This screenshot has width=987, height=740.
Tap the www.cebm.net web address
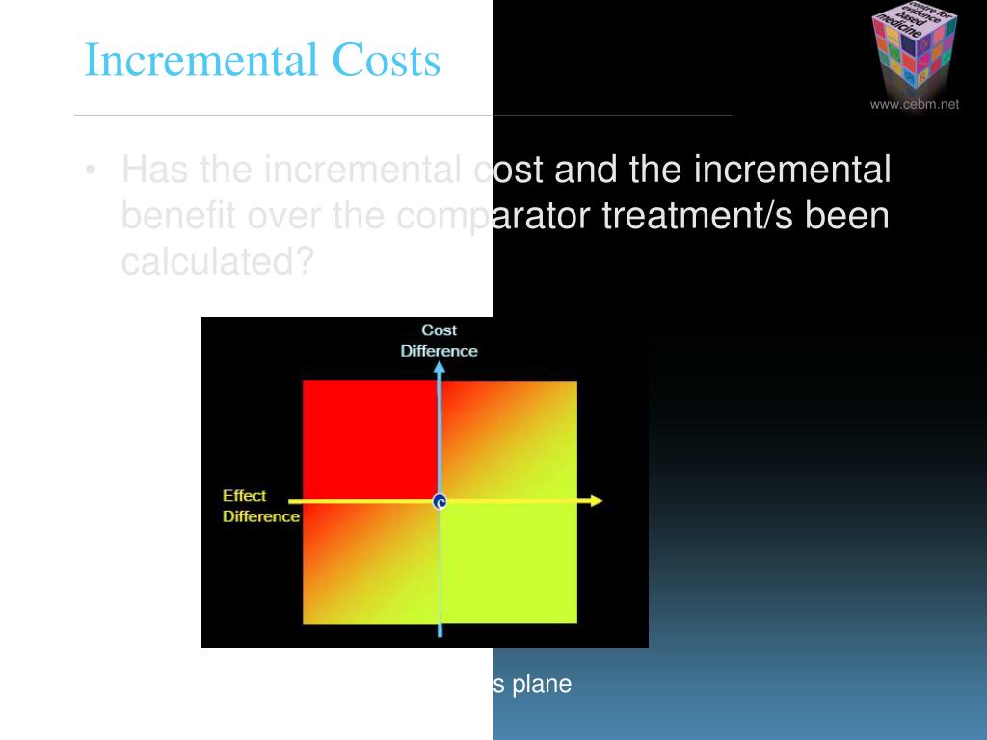tap(915, 105)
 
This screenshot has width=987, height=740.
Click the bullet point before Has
tap(91, 172)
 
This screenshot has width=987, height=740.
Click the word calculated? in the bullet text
tap(217, 261)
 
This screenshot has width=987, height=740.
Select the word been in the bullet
tap(848, 216)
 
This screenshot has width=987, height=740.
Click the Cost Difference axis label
tap(439, 340)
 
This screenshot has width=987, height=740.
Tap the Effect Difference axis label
tap(260, 506)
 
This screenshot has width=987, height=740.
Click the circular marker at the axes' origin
tap(440, 502)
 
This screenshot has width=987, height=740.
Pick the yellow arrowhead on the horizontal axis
tap(596, 501)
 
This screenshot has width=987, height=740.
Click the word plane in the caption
tap(541, 684)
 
